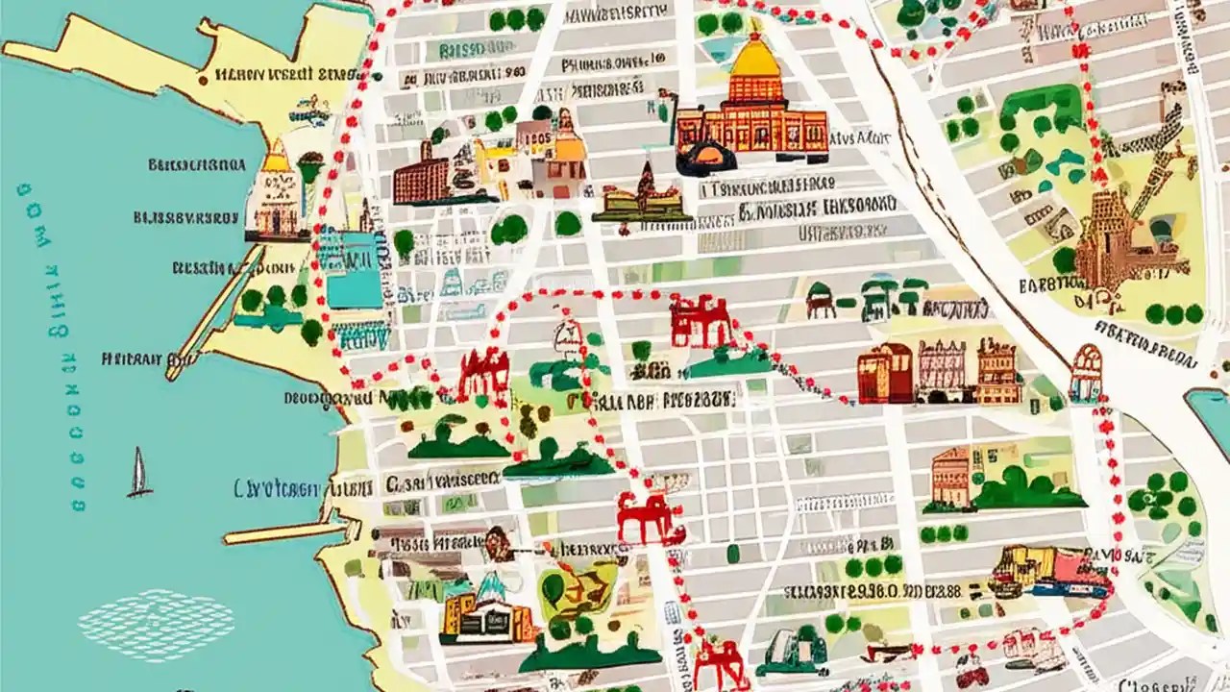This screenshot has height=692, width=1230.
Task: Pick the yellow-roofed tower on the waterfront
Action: [276, 192]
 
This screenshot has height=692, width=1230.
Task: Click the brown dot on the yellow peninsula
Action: [203, 81]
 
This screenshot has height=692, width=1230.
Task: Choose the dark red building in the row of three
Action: [884, 375]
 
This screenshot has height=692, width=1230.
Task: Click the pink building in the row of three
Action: [941, 370]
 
